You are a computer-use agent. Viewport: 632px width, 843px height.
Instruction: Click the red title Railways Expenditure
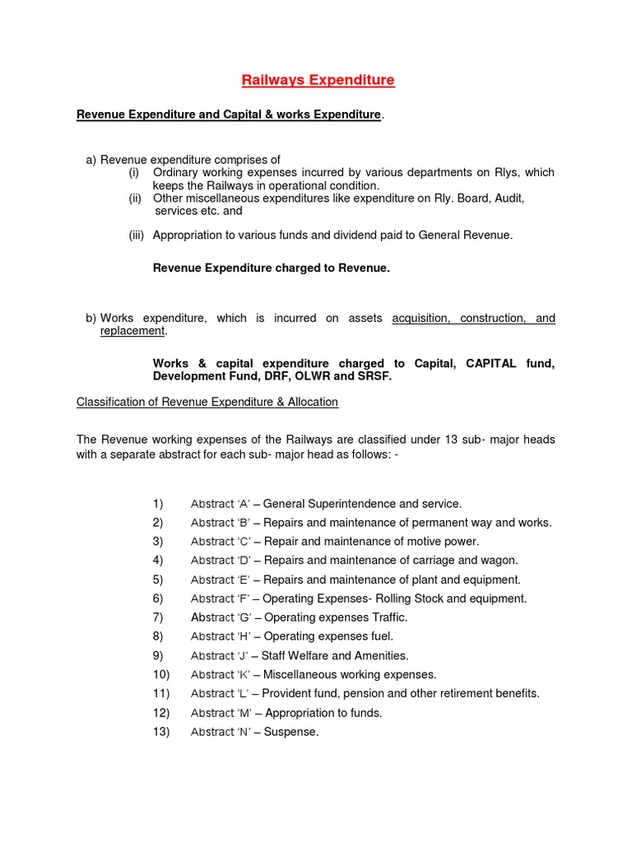317,80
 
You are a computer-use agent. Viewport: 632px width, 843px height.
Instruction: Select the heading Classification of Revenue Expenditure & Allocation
207,402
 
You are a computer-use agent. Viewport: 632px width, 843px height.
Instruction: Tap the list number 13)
160,732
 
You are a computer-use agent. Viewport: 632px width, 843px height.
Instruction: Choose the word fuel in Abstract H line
380,636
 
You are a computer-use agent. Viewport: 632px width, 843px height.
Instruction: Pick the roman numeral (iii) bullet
136,235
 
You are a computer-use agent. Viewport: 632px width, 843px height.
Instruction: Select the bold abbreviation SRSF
374,376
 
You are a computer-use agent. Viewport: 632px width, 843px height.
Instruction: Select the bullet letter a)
91,159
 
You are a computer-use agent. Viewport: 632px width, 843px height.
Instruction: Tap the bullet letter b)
91,318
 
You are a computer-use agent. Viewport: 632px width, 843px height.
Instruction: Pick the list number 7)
157,617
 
